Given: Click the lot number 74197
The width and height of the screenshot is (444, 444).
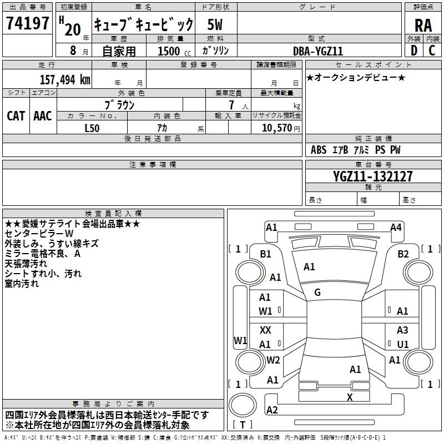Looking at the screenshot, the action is coord(27,23).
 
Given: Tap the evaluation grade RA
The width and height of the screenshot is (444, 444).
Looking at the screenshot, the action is coord(423,26).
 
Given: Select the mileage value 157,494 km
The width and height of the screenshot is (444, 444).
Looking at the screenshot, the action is coord(65,79).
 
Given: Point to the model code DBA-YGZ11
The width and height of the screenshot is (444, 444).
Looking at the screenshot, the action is coord(318,51).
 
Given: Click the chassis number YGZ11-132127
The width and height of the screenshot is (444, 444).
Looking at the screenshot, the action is coord(372,176).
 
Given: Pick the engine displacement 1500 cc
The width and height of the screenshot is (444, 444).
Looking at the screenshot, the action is coord(174,51).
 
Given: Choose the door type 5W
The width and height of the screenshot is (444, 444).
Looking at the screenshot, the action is coord(215,24).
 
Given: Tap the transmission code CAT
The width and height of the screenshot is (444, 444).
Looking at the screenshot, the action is coord(16,116).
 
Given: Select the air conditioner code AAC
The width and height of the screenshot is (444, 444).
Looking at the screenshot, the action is coord(43,116).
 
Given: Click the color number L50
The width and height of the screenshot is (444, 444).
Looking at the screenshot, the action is coord(92,128).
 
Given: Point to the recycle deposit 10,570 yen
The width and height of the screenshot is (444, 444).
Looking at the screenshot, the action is coord(281,128).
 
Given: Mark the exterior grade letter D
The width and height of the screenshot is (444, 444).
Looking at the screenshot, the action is coord(414,51).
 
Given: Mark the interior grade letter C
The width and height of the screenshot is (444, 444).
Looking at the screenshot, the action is coord(432,51).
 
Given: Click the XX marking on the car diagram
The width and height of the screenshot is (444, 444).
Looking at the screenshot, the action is coord(265,330).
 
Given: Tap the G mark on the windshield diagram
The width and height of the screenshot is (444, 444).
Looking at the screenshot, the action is coord(317,292).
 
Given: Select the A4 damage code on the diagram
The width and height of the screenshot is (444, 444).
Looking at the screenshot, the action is coord(396,228).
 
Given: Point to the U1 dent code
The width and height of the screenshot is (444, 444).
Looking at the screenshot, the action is coord(403,344).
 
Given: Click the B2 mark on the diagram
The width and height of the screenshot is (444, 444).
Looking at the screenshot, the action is coord(403,254).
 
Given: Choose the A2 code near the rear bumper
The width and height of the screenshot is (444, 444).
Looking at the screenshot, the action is coord(272,410).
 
